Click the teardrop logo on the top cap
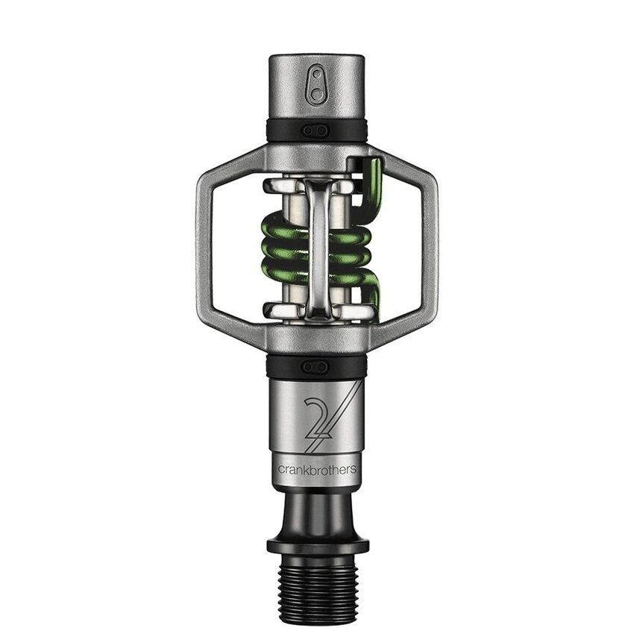click(316, 82)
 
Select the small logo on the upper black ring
click(316, 130)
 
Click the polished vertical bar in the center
click(316, 246)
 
